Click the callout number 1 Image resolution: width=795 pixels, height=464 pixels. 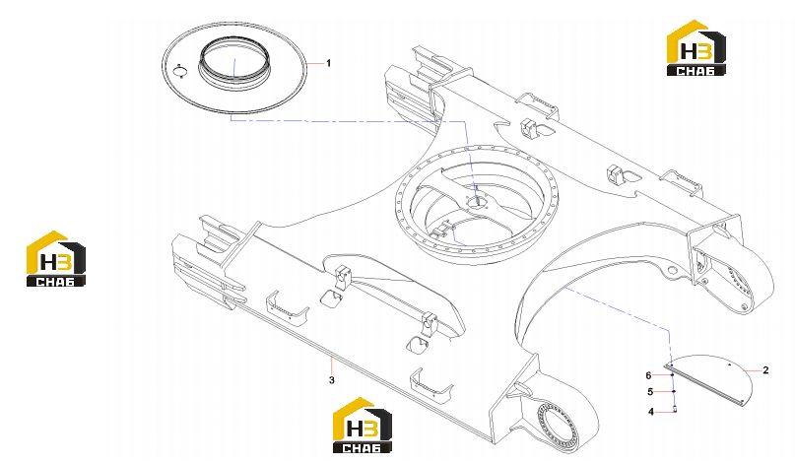tap(329, 63)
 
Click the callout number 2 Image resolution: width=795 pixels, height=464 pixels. tap(765, 370)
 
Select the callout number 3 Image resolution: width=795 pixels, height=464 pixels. tap(332, 380)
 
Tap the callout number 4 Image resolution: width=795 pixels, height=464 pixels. tap(651, 412)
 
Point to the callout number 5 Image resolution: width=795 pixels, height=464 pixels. tap(650, 391)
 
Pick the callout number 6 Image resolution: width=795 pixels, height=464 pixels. tap(648, 375)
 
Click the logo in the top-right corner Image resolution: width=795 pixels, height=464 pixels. tap(696, 48)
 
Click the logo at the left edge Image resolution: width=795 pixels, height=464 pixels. tap(56, 259)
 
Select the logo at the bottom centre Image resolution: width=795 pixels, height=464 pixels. tap(362, 425)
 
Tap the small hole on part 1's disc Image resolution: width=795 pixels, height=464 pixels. tap(179, 72)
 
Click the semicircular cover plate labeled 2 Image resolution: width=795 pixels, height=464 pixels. tap(709, 378)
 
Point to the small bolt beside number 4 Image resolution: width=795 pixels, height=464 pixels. tap(676, 410)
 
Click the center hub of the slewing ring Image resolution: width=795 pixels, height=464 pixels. tap(477, 201)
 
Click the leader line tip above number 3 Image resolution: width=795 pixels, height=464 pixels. tap(331, 358)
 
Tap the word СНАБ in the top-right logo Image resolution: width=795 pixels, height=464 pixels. tap(696, 71)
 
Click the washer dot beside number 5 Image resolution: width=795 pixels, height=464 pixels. tap(673, 391)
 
